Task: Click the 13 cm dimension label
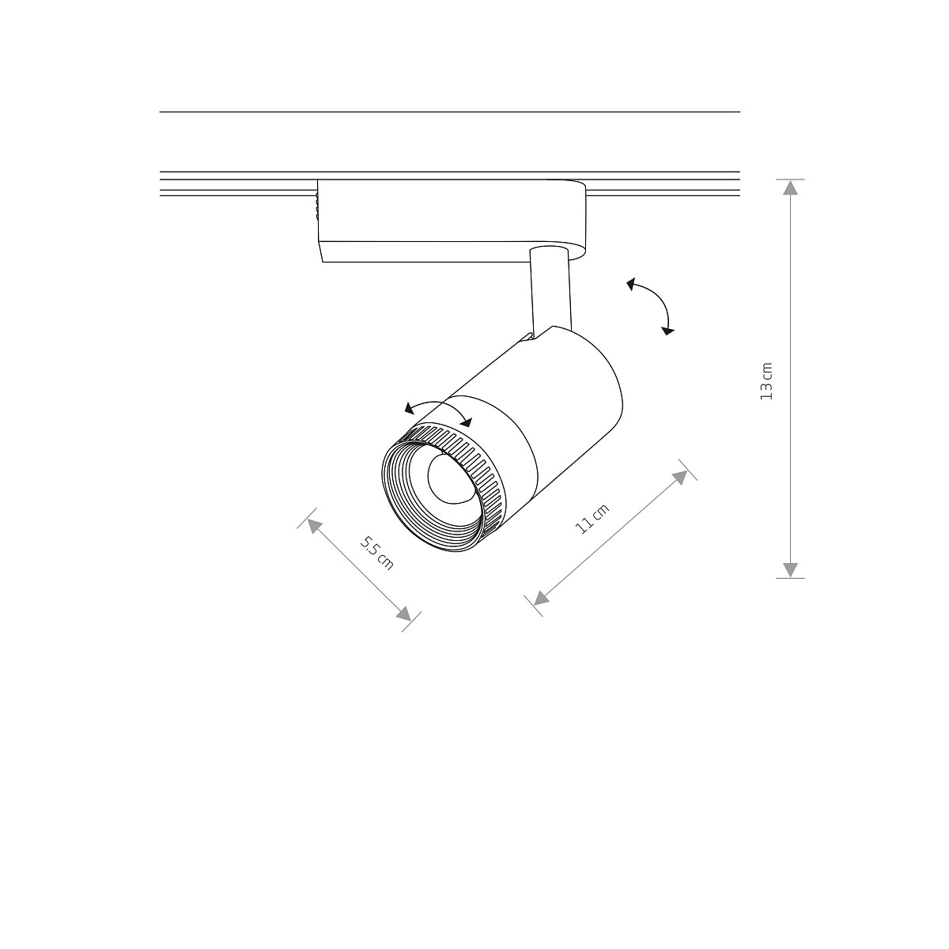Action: click(x=766, y=381)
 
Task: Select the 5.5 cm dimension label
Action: click(x=377, y=552)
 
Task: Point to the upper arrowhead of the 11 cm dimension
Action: click(x=680, y=475)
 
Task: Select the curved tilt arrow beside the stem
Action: click(x=653, y=304)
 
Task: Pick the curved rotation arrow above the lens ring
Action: click(x=437, y=408)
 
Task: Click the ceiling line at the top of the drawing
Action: click(x=449, y=112)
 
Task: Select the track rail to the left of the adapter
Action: click(x=237, y=183)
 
